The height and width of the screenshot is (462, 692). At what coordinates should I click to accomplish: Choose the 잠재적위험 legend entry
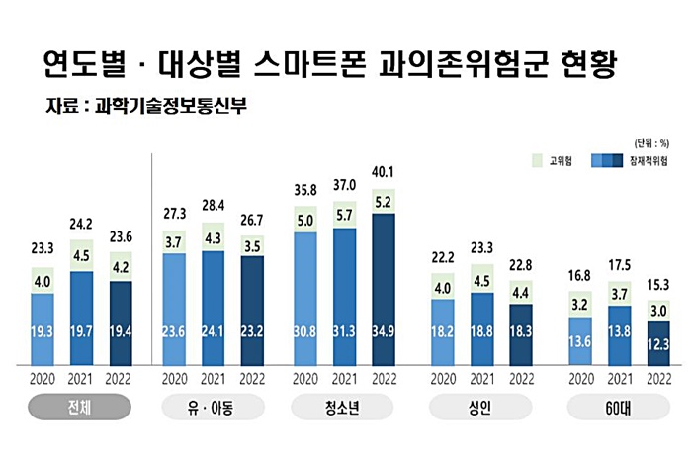point(627,159)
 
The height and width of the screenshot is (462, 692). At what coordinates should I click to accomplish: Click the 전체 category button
point(79,407)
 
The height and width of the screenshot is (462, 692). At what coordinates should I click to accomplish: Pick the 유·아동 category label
point(211,407)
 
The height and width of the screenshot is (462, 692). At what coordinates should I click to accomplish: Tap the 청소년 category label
point(344,407)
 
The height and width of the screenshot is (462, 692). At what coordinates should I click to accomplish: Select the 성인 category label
point(478,407)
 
